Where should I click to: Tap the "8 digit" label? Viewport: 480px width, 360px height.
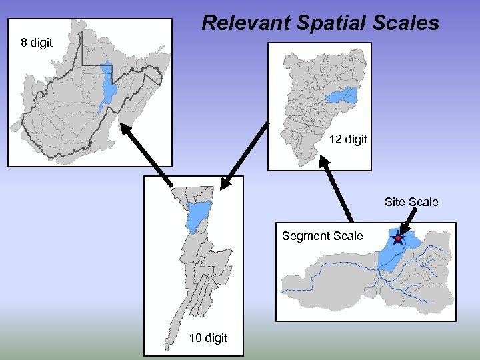point(37,43)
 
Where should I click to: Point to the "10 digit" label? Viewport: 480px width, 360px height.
point(208,338)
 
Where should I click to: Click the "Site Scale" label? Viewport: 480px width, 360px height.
point(411,201)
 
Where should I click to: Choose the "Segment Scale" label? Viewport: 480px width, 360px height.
point(323,236)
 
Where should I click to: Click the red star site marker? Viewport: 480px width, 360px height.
point(398,238)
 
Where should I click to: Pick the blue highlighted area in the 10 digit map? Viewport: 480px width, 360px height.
point(198,215)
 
